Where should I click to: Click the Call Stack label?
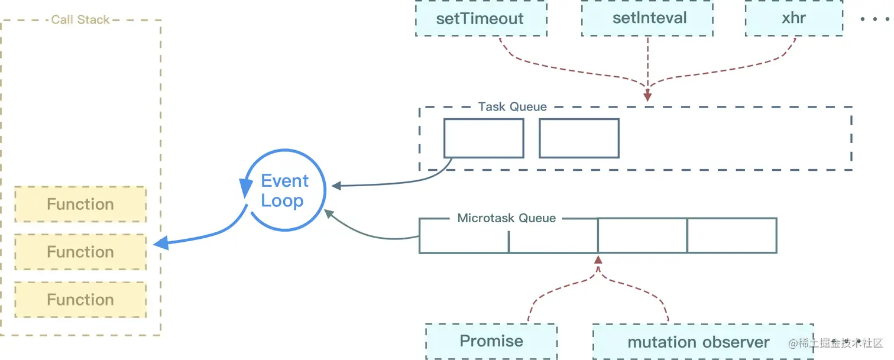click(80, 20)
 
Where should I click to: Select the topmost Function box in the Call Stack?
click(80, 205)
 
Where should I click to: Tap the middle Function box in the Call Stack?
click(80, 252)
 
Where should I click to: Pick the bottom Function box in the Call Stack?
click(80, 300)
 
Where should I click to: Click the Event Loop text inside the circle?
click(284, 190)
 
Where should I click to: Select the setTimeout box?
click(480, 18)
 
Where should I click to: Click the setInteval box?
click(649, 18)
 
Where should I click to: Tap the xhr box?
click(793, 18)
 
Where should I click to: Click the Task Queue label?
click(512, 107)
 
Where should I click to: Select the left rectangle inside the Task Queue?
click(484, 138)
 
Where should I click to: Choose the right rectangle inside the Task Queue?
click(579, 138)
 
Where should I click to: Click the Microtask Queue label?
click(506, 218)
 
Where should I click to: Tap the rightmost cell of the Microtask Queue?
click(731, 235)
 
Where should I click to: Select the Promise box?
click(491, 341)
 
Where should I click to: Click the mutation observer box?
click(698, 342)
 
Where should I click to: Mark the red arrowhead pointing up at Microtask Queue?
click(598, 260)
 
